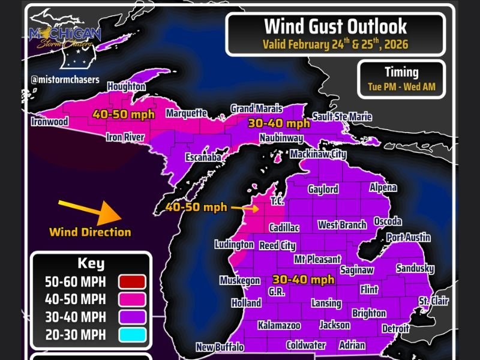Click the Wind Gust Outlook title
click(335, 26)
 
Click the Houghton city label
click(127, 86)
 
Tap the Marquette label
click(187, 113)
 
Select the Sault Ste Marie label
click(342, 117)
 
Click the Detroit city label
click(395, 329)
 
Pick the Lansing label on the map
click(326, 303)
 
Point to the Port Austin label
click(408, 238)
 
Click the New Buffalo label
click(220, 347)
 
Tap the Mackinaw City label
click(318, 154)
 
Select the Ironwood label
click(49, 122)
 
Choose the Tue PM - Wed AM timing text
click(401, 86)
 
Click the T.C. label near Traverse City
click(277, 200)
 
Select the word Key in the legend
click(91, 263)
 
